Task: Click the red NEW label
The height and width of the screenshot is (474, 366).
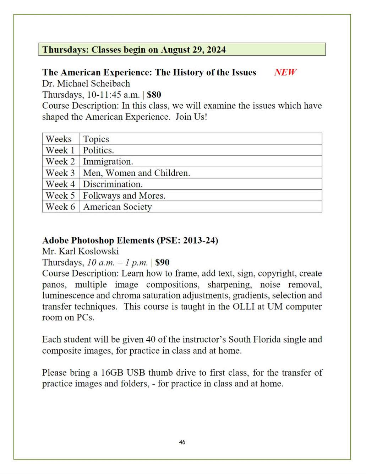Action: pos(285,72)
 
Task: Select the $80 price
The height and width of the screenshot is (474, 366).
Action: pos(154,95)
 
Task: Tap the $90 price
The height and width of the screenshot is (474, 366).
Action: pos(162,263)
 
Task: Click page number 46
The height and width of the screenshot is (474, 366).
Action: pos(182,442)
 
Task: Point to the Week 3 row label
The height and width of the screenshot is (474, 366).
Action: pos(60,173)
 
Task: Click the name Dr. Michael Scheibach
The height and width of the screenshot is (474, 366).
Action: pos(86,84)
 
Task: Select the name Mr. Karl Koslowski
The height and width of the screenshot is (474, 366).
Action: pos(80,251)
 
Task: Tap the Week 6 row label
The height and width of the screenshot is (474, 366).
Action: pos(60,207)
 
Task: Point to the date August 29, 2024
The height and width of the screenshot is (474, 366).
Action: pos(193,50)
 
